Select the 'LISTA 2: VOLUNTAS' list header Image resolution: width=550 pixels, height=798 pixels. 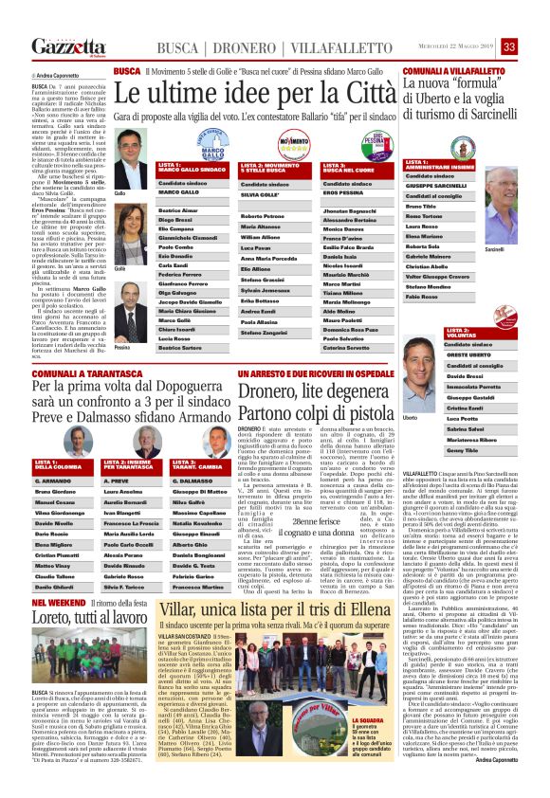pyautogui.click(x=465, y=332)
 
